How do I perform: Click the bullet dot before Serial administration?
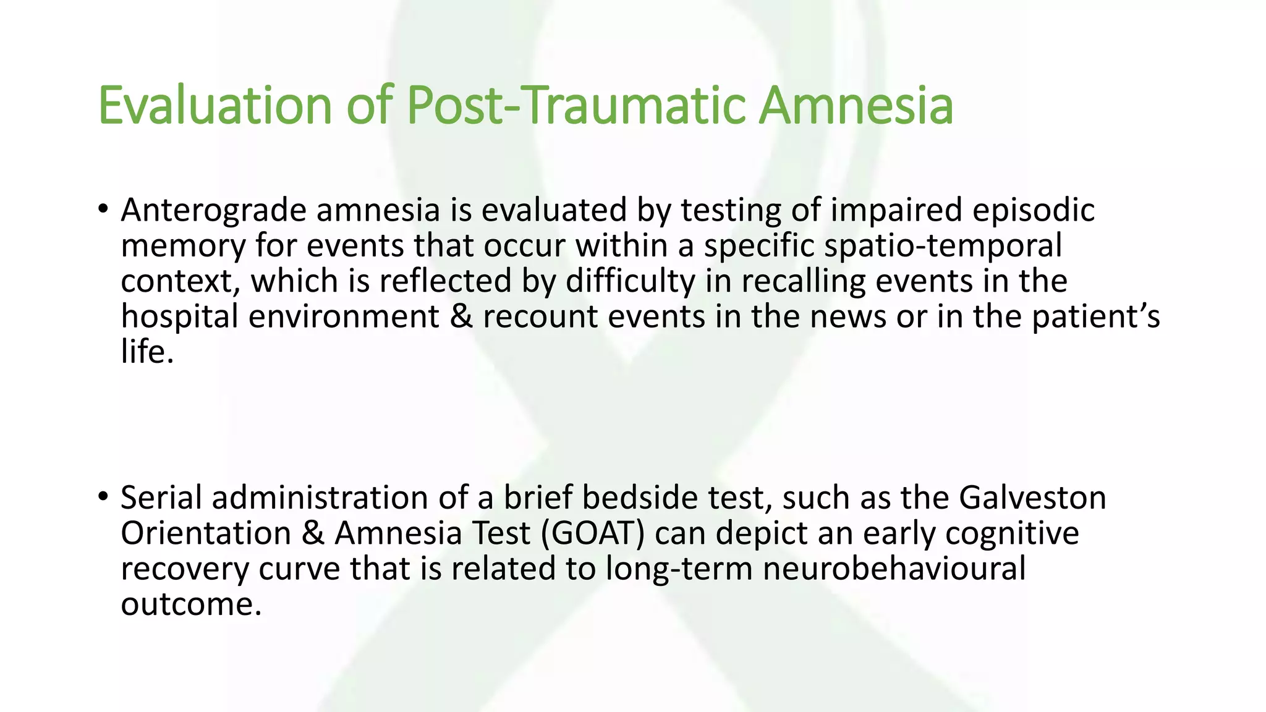(x=103, y=496)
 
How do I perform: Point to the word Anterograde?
(x=213, y=210)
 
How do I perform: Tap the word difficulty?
(x=630, y=282)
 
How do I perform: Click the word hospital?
(x=179, y=317)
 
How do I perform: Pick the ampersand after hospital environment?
(x=461, y=317)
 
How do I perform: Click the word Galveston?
(x=1032, y=498)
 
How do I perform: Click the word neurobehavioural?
(x=894, y=569)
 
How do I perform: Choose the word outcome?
(x=191, y=604)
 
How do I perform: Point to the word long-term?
(x=678, y=569)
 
